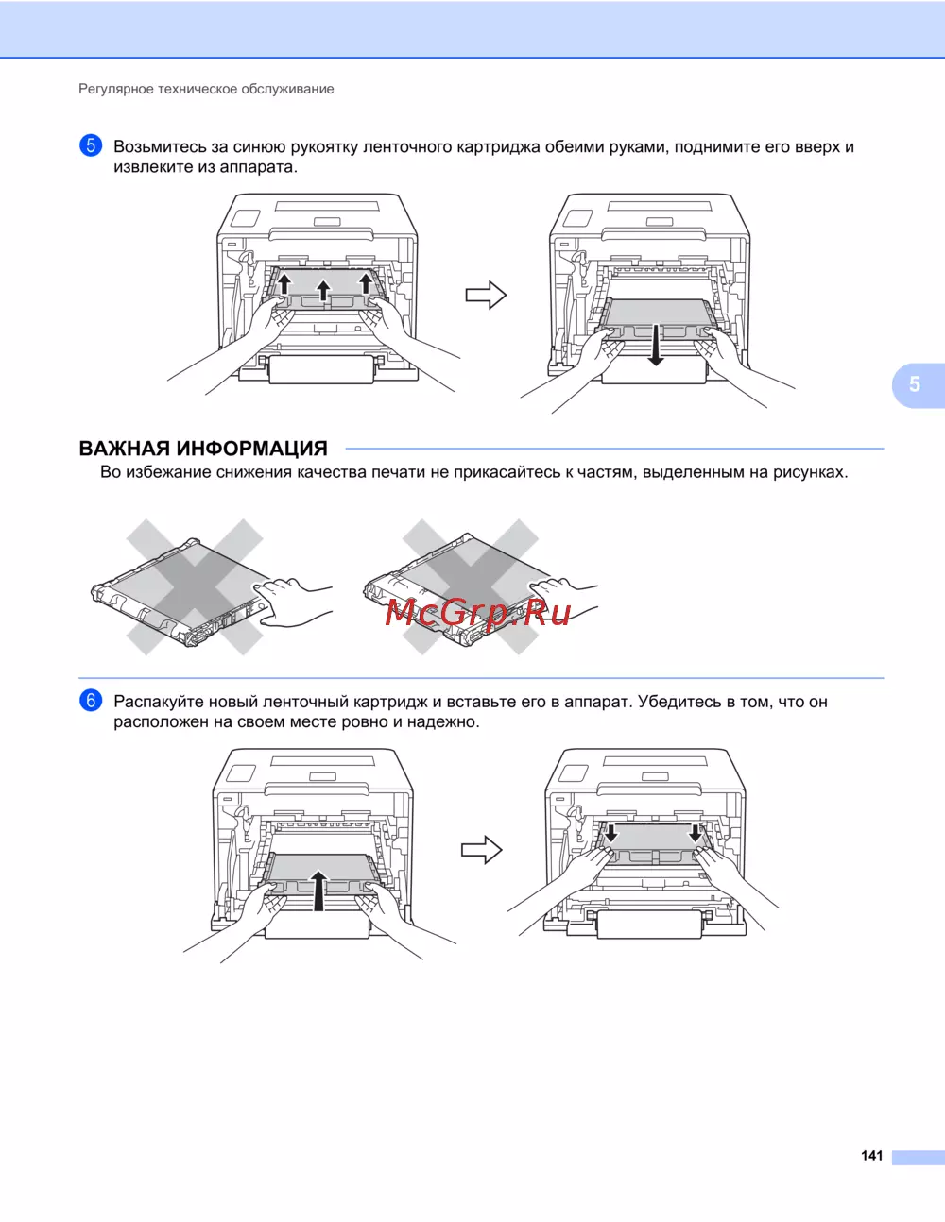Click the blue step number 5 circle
click(x=91, y=145)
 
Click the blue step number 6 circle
click(x=91, y=700)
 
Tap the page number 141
click(x=871, y=1155)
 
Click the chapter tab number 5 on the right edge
click(x=915, y=384)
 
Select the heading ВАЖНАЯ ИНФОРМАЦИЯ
click(x=203, y=449)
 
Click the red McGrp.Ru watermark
click(x=478, y=612)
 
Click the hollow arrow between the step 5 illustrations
click(x=486, y=295)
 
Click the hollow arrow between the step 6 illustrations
click(x=482, y=849)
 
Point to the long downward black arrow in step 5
click(x=655, y=345)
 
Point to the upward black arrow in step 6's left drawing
click(x=318, y=891)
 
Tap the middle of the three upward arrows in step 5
click(x=323, y=291)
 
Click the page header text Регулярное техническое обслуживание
click(x=206, y=89)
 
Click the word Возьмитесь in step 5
click(x=161, y=146)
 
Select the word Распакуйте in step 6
click(x=159, y=702)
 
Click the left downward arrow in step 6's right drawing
click(x=610, y=832)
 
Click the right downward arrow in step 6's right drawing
click(x=696, y=832)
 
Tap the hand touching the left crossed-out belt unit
click(x=290, y=602)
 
